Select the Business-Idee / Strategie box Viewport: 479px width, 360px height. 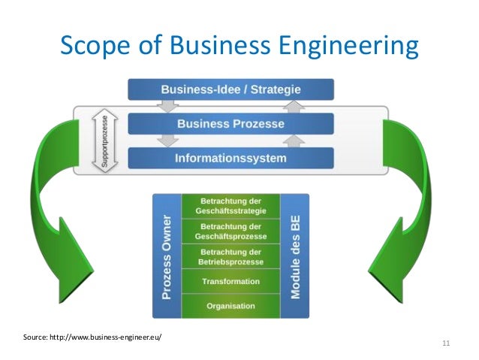(230, 89)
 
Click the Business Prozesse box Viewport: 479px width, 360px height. (230, 124)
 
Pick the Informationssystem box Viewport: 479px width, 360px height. (230, 159)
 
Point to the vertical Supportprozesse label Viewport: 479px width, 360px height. (98, 141)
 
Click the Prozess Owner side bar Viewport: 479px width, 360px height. (167, 256)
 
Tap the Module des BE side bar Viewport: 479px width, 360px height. (294, 256)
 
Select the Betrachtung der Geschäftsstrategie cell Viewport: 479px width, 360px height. (230, 206)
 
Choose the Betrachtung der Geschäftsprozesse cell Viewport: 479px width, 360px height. (230, 231)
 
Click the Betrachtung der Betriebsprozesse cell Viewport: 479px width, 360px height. (230, 256)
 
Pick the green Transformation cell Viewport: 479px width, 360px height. (230, 282)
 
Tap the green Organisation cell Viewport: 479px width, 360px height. (230, 306)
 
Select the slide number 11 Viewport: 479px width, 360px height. (447, 343)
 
